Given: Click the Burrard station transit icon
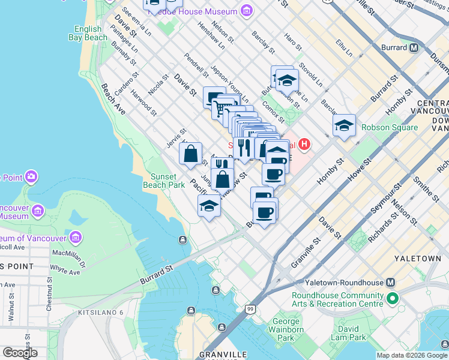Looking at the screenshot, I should pos(414,48).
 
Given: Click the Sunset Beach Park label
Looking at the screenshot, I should pos(164,181).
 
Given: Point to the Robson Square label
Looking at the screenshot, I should pos(390,127).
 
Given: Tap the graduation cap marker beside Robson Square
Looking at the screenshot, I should pos(344,126).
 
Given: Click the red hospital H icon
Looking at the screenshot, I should pos(304,144).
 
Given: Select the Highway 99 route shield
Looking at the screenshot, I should pos(249,308).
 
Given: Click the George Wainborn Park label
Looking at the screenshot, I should pos(282,329).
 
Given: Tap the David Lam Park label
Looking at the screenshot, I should pos(348,333).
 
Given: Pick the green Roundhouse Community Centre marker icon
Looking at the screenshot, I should pos(393,298).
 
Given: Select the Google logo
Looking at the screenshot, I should pos(20,353).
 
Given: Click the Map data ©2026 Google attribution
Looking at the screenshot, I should pos(412,355).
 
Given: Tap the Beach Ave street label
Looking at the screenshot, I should pos(113,99).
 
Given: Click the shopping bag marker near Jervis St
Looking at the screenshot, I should pos(190,154).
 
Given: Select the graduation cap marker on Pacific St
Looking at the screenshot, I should pos(209,206).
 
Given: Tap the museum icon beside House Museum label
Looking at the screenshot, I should pos(246,11).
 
